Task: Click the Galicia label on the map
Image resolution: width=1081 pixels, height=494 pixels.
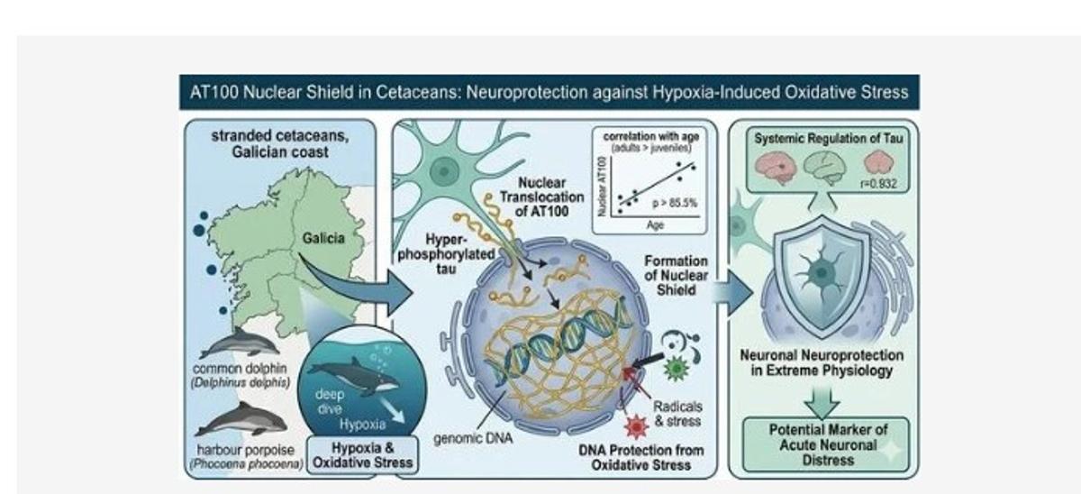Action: tap(323, 238)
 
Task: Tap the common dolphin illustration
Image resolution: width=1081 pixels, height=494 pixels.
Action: tap(240, 343)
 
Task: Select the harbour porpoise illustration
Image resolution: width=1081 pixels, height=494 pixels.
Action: tap(241, 419)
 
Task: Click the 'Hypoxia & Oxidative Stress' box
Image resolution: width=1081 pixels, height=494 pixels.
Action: tap(362, 455)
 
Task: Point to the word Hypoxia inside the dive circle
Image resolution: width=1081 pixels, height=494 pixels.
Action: tap(362, 425)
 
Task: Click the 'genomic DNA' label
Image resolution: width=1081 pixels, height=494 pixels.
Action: tap(473, 438)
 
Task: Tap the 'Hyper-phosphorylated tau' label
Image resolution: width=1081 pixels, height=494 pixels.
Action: tap(446, 254)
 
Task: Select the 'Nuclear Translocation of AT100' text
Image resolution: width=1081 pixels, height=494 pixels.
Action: tap(542, 197)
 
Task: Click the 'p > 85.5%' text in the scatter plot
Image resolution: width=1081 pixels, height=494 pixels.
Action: tap(675, 204)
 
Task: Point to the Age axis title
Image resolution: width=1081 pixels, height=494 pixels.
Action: tap(655, 225)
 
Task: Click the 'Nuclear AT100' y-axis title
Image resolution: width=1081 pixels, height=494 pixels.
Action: tap(602, 187)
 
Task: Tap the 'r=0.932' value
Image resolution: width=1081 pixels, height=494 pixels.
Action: tap(878, 184)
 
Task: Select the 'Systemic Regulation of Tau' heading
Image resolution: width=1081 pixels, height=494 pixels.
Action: tap(828, 139)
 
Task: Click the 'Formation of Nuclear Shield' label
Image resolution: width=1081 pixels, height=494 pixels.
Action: tap(677, 275)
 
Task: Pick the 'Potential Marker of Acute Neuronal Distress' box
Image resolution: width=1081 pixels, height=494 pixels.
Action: tap(826, 444)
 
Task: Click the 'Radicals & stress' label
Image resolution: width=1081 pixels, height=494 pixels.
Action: tap(677, 414)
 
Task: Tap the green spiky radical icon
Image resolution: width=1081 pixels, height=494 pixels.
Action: tap(677, 368)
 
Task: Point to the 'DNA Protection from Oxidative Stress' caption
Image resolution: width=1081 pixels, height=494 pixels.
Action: tap(640, 458)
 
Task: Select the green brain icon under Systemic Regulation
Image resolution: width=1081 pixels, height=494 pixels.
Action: tap(825, 167)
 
